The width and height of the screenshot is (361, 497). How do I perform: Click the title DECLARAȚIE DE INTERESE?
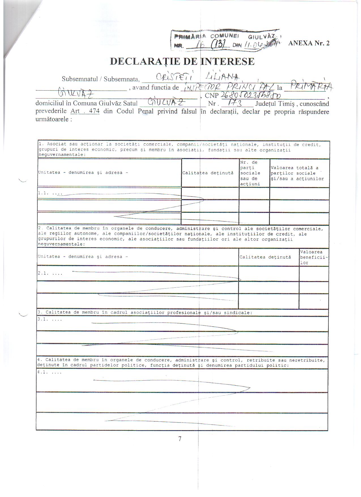[182, 61]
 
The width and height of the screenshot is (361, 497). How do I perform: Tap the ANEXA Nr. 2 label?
[309, 43]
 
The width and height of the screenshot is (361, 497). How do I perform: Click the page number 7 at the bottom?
[180, 439]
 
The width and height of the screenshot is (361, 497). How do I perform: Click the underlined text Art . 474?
[85, 111]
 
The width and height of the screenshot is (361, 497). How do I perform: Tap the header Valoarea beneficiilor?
[314, 257]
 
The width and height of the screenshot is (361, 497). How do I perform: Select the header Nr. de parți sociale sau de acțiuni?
[250, 173]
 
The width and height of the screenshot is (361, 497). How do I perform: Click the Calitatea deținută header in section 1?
[208, 173]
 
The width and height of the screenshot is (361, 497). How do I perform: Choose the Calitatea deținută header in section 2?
[265, 257]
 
